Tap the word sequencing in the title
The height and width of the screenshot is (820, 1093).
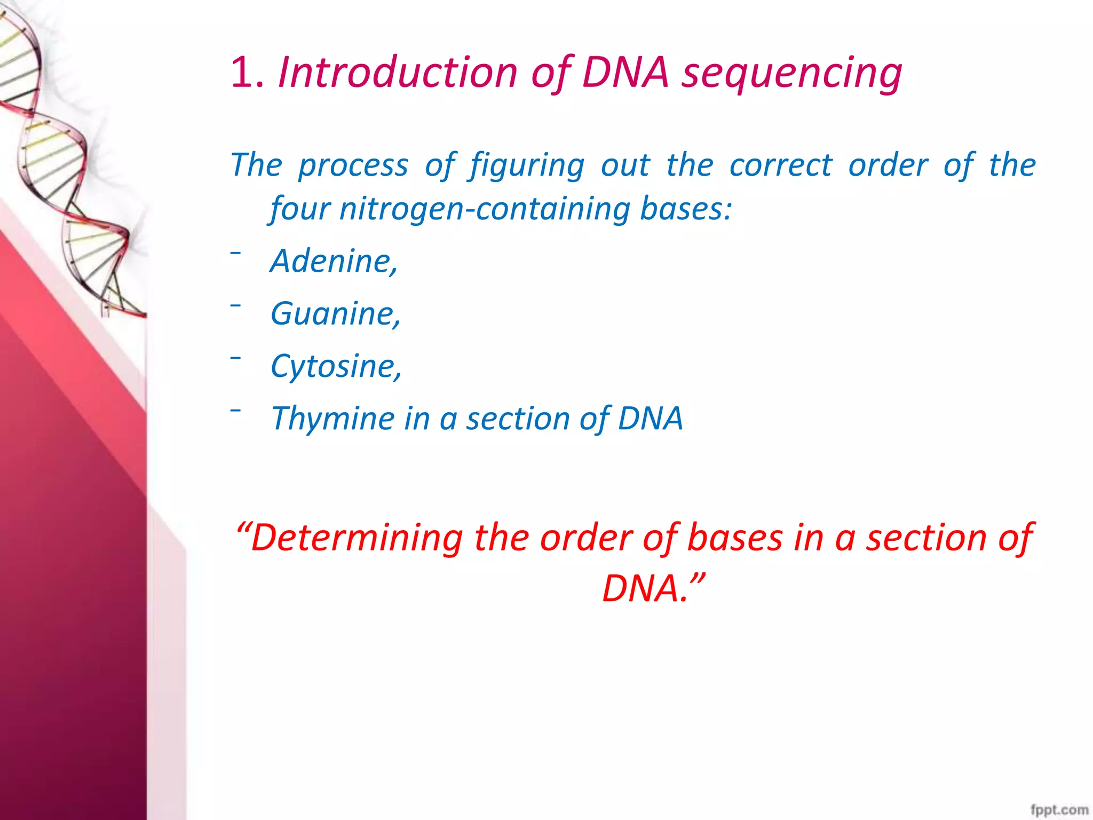pos(792,73)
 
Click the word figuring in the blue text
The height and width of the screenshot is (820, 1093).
pos(527,165)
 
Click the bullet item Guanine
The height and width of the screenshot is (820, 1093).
pos(336,313)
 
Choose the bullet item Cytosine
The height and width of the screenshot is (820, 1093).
pos(336,366)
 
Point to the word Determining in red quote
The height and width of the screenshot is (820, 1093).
pos(356,538)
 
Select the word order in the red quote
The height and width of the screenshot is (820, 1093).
pos(586,538)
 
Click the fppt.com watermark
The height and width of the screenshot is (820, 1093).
pos(1059,809)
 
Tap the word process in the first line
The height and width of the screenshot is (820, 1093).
pos(353,165)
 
